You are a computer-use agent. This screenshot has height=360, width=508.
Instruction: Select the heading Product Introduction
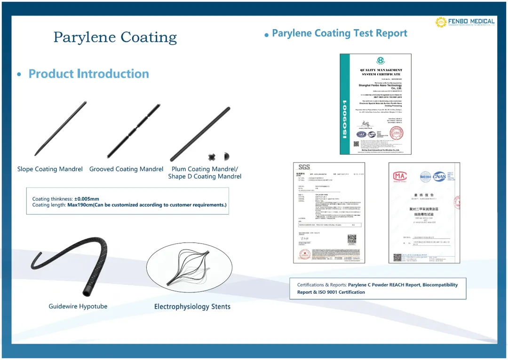pos(88,74)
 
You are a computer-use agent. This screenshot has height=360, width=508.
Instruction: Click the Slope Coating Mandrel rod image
pos(61,128)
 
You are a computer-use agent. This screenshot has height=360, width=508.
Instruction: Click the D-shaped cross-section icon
pos(226,156)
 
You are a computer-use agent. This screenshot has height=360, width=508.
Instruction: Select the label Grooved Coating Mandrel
pos(126,169)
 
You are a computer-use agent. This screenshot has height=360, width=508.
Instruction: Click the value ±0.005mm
pos(87,199)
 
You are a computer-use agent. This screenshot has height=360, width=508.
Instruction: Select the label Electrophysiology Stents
pos(192,306)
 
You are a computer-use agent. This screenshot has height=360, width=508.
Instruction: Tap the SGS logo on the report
pos(304,167)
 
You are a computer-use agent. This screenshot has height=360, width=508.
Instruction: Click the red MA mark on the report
pos(399,177)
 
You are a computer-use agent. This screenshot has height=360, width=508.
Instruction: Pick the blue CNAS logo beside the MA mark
pos(439,177)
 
